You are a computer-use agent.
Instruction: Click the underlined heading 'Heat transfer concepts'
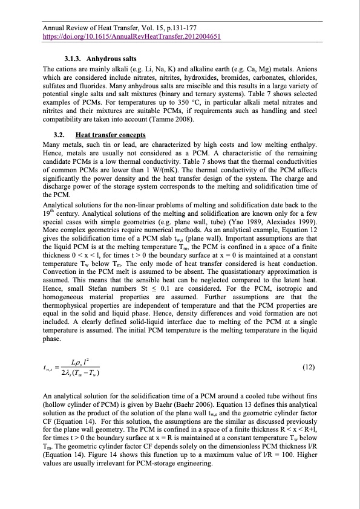114,135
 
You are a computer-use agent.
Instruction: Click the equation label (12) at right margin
308,368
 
